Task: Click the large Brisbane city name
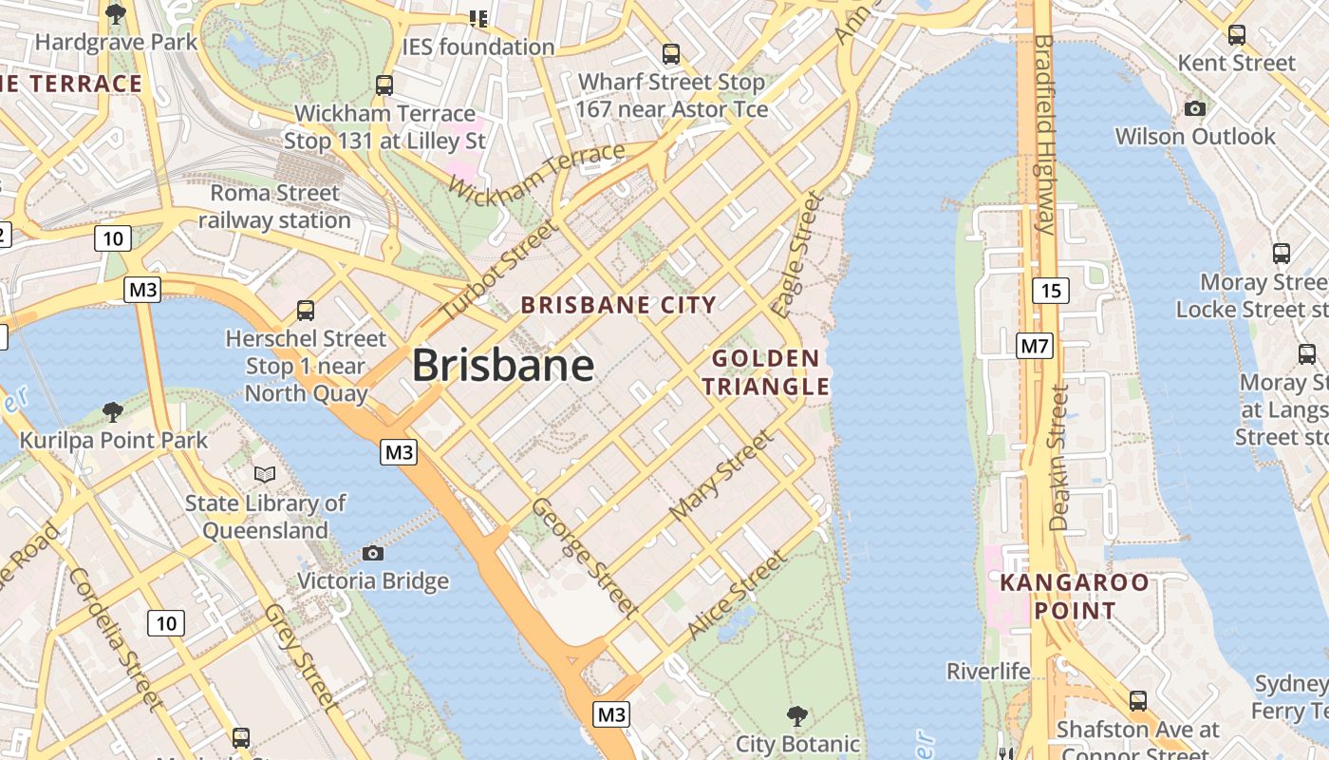click(503, 365)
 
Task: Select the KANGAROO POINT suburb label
click(1075, 596)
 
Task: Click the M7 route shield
click(1035, 346)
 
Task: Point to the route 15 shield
click(1050, 290)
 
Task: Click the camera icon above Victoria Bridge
click(373, 553)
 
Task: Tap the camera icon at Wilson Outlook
click(1195, 108)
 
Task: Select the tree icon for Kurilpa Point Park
click(113, 411)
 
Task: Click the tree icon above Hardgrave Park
click(116, 13)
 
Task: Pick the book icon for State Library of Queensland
click(265, 473)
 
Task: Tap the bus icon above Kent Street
click(1236, 35)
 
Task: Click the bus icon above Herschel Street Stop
click(305, 310)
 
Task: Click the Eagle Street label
click(796, 254)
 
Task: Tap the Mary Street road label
click(721, 474)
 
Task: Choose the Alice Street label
click(736, 594)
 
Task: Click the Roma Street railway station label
click(274, 206)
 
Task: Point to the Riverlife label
click(988, 672)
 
